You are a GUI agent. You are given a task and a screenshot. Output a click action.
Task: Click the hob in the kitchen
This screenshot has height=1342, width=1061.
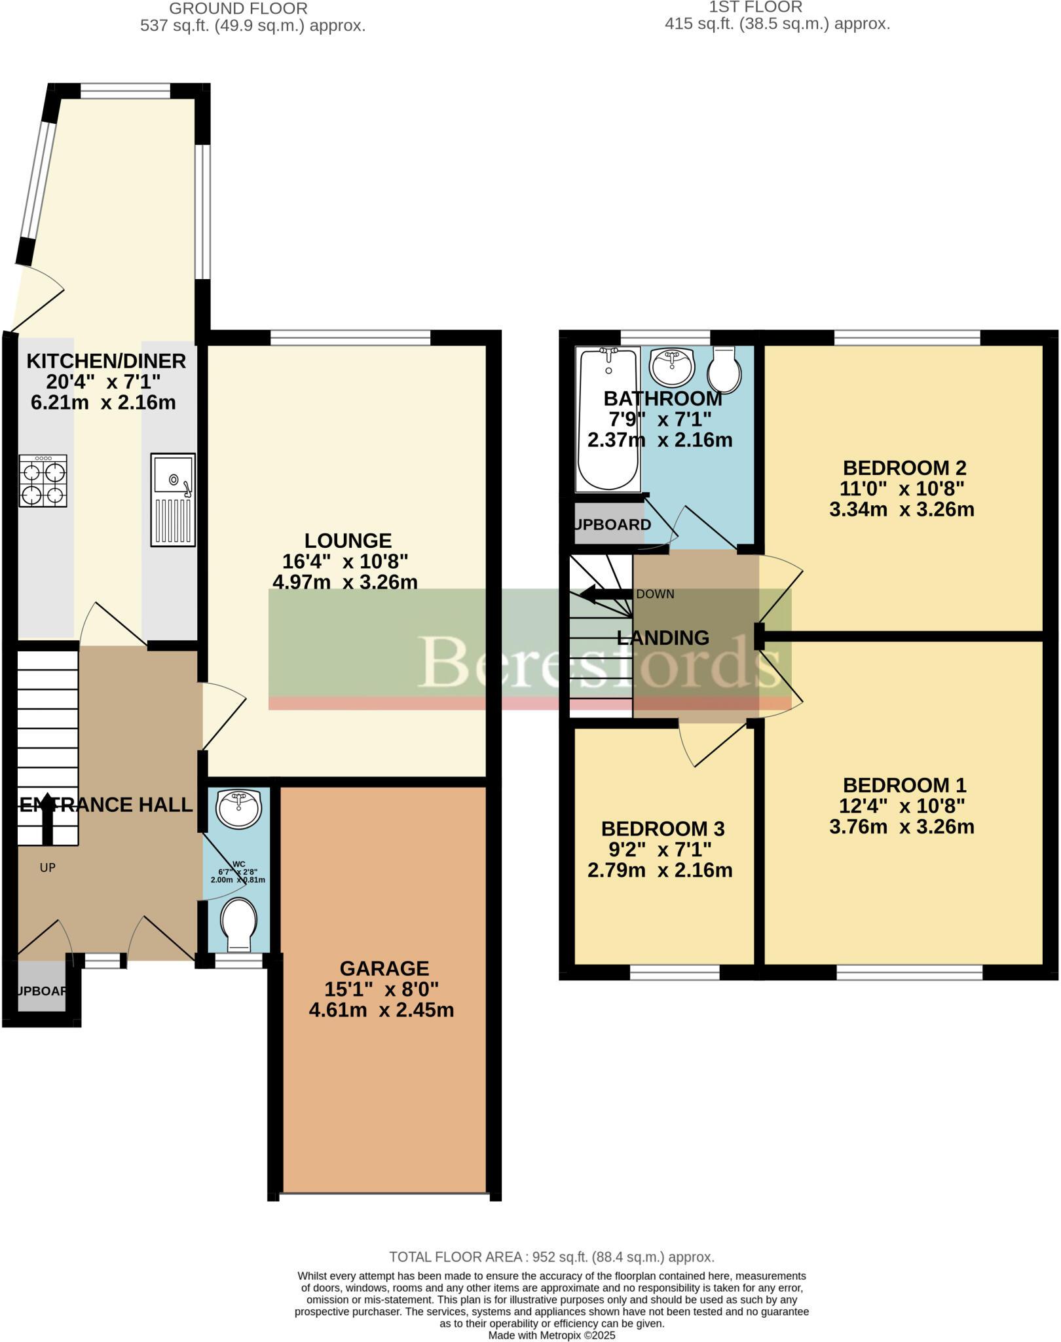point(43,482)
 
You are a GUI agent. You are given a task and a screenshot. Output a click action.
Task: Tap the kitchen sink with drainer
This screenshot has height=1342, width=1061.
point(173,499)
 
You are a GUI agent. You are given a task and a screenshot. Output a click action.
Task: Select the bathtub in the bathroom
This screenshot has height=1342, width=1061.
point(608,419)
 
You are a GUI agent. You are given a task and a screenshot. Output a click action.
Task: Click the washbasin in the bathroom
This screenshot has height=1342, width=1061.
point(672,366)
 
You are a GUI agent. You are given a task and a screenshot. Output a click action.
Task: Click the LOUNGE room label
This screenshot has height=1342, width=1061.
point(348,541)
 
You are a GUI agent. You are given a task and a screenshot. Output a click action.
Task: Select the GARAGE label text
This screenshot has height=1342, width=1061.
point(384,968)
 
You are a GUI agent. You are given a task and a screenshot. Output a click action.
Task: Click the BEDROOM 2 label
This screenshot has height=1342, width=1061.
point(904,468)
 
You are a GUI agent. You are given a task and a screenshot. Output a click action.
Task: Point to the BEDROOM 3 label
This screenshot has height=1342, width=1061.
point(663,829)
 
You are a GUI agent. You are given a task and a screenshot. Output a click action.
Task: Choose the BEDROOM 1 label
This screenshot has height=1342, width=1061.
point(904,785)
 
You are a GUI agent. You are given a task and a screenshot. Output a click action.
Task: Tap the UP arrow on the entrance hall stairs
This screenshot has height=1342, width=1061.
point(47,819)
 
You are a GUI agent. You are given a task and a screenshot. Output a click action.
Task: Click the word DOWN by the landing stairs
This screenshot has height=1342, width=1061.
point(655,594)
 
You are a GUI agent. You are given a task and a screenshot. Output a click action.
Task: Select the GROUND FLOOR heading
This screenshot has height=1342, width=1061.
point(238,9)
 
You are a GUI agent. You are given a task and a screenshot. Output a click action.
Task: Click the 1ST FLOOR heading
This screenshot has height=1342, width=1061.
point(755,8)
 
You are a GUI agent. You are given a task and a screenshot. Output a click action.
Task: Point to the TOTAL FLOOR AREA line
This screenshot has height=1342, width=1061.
point(551,1257)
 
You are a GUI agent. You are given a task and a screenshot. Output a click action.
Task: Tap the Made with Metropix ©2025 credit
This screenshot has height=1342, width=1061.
point(551,1335)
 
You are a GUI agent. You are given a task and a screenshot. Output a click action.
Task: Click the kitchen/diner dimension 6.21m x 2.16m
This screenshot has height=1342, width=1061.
point(103,402)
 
